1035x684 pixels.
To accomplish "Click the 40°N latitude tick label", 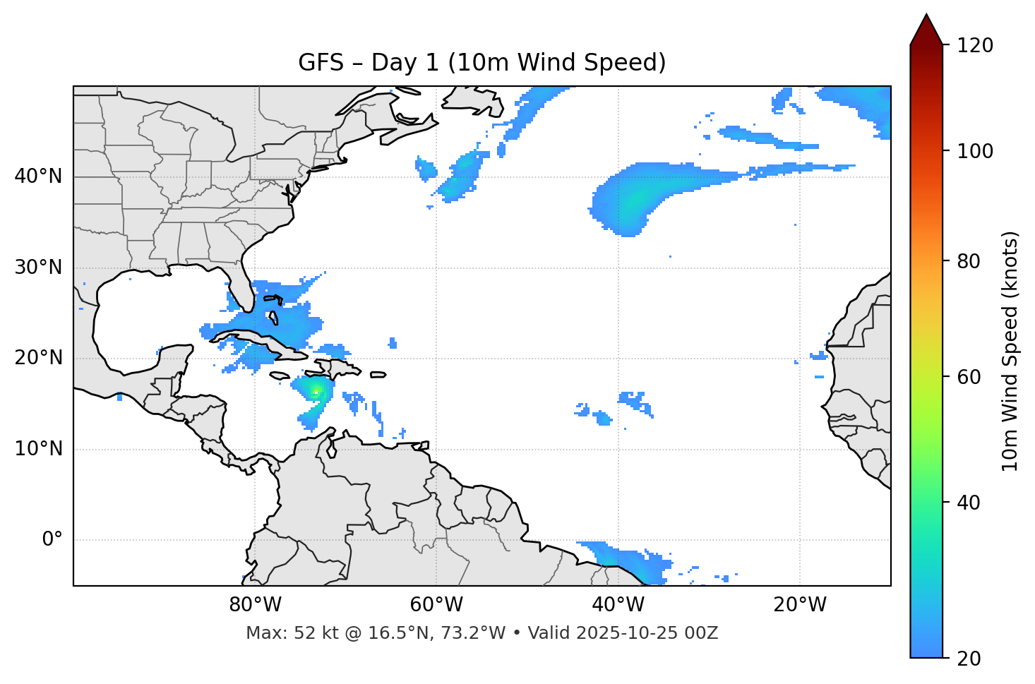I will [x=38, y=176].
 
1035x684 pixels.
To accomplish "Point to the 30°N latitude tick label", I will [x=38, y=268].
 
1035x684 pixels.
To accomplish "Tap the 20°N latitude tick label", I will [x=38, y=358].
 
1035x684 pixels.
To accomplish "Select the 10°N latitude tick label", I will [x=38, y=449].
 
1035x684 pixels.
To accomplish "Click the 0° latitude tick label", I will [x=52, y=540].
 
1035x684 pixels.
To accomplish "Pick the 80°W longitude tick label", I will [x=255, y=605].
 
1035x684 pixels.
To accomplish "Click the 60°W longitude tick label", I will [x=436, y=605].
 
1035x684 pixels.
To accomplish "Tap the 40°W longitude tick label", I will [x=618, y=605].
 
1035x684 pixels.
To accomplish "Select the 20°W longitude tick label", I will [x=800, y=605].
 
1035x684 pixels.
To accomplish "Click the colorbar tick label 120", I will [x=974, y=45].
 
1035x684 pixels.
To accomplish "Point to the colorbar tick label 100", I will [x=974, y=151].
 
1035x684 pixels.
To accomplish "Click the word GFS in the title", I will [x=321, y=63].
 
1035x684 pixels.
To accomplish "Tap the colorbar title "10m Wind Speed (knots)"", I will [x=1010, y=351].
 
